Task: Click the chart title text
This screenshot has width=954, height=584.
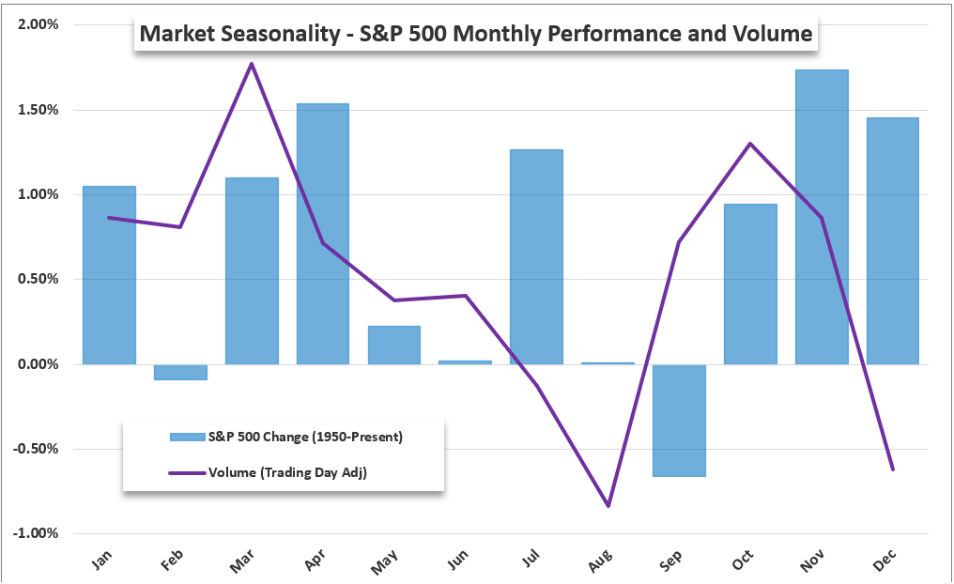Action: point(475,35)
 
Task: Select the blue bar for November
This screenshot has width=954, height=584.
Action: point(822,217)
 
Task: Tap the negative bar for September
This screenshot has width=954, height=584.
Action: point(679,420)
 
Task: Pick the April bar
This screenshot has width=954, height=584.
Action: point(323,234)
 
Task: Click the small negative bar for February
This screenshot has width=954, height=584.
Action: point(180,372)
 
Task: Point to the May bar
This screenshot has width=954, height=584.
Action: point(393,345)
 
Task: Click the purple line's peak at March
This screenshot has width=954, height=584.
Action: point(252,64)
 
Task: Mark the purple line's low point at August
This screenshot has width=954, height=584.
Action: point(608,505)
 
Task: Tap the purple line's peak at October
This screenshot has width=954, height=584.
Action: point(750,144)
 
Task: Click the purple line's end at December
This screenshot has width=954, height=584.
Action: point(892,469)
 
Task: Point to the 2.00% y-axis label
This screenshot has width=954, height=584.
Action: point(38,25)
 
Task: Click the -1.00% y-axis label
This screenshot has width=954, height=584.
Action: point(37,533)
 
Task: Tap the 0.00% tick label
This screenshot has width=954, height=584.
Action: point(38,364)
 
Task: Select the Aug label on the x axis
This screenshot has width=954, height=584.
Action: point(601,561)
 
